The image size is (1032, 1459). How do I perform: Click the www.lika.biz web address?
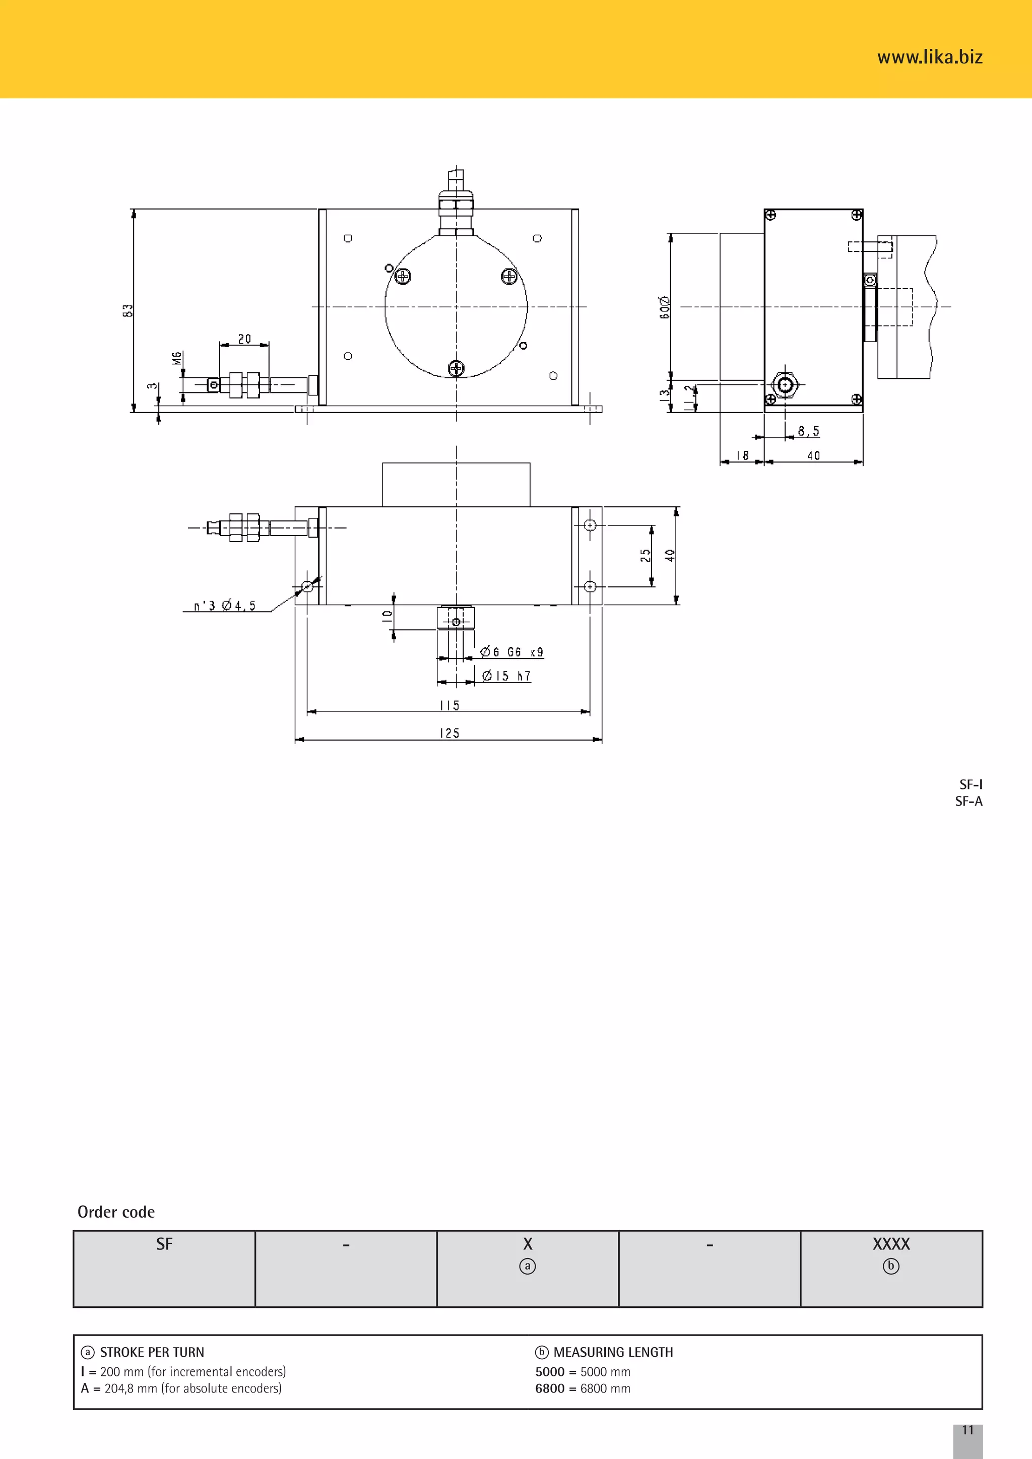[929, 57]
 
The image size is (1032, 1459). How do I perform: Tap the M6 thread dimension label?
[177, 358]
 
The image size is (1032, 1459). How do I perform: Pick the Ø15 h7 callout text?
[506, 676]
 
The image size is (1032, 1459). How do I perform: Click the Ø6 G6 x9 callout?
[511, 652]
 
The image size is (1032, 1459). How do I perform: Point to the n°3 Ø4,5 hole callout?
[225, 606]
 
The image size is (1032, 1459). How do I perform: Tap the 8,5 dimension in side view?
[808, 431]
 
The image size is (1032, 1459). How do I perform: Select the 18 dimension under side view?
[742, 455]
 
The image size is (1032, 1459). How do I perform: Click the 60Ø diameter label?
[665, 307]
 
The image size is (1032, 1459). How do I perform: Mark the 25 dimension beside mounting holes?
[646, 555]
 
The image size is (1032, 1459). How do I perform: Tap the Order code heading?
[116, 1212]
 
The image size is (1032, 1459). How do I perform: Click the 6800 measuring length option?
[582, 1388]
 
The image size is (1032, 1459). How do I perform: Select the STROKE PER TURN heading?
[152, 1352]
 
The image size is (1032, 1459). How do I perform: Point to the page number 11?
[967, 1430]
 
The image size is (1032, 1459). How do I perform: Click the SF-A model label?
[969, 802]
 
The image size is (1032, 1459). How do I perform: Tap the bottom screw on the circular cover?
[456, 368]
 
